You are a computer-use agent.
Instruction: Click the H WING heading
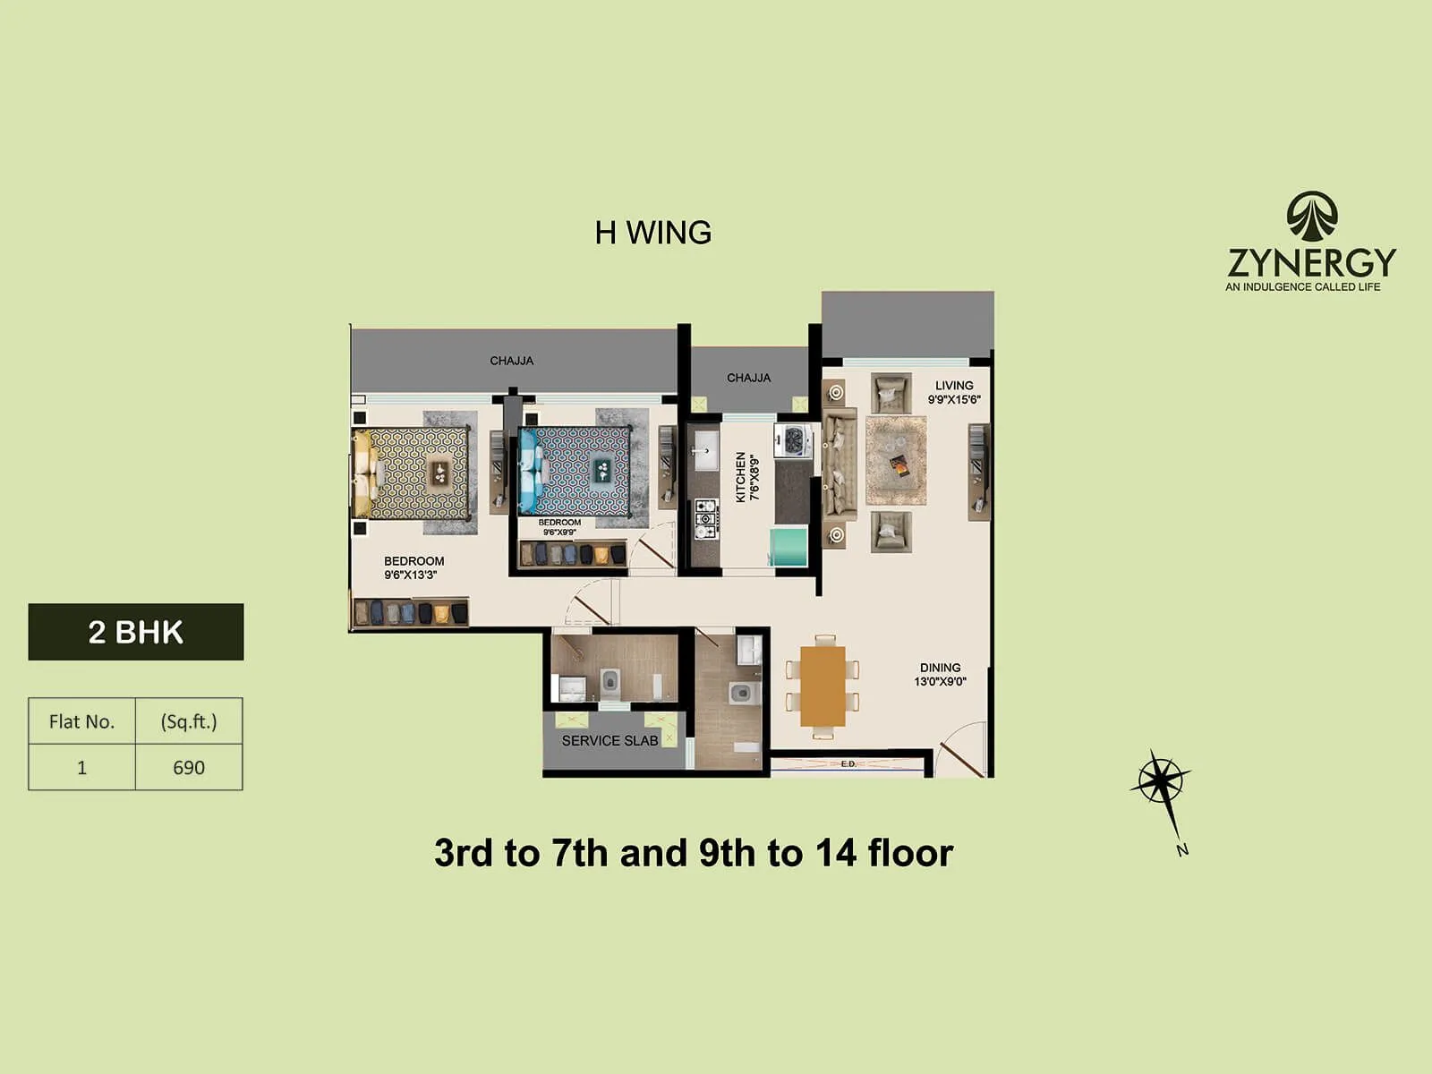[x=652, y=233]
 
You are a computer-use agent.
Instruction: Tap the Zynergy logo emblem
[x=1311, y=217]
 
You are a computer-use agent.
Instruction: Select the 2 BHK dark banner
[x=136, y=632]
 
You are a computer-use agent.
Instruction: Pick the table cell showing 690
[x=189, y=767]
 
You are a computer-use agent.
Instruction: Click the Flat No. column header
[x=81, y=721]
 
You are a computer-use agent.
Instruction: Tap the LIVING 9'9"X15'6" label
[x=954, y=392]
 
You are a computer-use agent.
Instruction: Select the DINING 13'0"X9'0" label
[x=940, y=674]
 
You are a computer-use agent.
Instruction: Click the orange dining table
[x=823, y=686]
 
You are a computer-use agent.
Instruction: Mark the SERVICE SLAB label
[x=609, y=740]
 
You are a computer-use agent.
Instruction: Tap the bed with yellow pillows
[x=412, y=473]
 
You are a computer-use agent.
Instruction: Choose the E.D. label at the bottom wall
[x=848, y=763]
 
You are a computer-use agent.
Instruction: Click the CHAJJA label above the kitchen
[x=748, y=378]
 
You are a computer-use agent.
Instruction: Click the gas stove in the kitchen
[x=706, y=519]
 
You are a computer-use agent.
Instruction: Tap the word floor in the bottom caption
[x=909, y=853]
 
